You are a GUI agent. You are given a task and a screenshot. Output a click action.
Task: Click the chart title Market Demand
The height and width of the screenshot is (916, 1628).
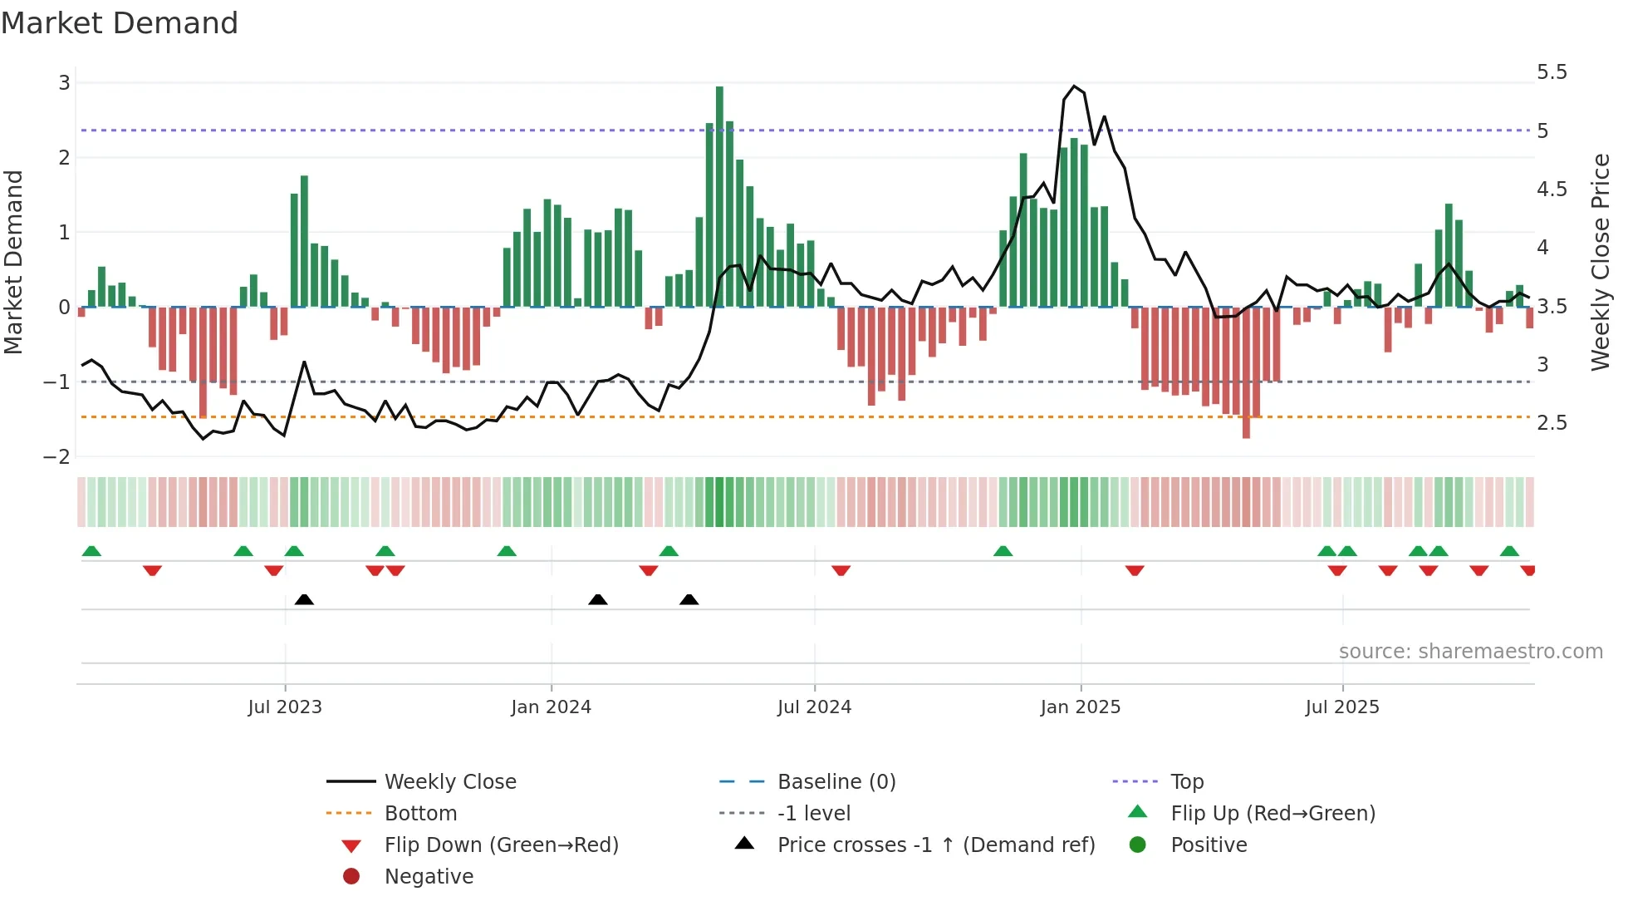pos(120,23)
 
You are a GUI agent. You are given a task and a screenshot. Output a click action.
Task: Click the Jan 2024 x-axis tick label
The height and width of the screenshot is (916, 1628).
pos(551,707)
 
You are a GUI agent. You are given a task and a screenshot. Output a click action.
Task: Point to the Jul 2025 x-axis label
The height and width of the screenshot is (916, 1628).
pos(1341,707)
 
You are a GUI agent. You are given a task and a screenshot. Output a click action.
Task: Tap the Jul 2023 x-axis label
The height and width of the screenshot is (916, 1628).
pos(285,707)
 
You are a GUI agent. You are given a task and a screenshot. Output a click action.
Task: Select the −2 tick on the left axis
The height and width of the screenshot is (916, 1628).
pos(57,456)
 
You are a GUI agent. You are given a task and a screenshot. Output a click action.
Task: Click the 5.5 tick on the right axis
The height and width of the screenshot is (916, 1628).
pos(1552,72)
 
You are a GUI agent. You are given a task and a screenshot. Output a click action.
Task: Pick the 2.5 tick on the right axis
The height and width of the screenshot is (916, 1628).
pos(1552,423)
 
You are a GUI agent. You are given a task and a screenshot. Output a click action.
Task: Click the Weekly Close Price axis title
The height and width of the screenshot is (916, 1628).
pos(1601,261)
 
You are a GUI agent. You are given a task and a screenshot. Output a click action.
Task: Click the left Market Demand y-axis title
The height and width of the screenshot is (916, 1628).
pos(14,261)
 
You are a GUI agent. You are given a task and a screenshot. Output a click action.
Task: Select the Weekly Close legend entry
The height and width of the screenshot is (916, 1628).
pos(449,782)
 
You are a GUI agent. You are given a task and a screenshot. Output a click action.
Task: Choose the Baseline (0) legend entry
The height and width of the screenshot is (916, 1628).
pos(836,782)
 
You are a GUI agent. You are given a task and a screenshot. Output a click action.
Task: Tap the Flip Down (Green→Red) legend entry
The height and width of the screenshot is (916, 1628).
pos(501,845)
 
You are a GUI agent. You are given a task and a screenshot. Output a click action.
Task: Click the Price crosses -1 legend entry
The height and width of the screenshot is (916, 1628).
pos(935,845)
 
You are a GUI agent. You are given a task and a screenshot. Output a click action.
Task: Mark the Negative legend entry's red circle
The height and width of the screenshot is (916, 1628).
pos(351,877)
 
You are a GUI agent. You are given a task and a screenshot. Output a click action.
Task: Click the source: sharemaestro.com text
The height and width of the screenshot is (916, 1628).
pos(1470,652)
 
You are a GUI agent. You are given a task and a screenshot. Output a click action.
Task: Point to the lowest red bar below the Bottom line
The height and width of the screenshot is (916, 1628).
pos(1246,374)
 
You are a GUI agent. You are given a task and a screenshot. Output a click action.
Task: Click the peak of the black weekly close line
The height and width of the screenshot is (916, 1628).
pos(1074,86)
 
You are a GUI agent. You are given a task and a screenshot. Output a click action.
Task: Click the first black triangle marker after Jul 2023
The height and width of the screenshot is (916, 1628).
pos(304,599)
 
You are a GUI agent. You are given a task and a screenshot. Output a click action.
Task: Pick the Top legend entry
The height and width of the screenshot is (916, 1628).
pos(1186,782)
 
